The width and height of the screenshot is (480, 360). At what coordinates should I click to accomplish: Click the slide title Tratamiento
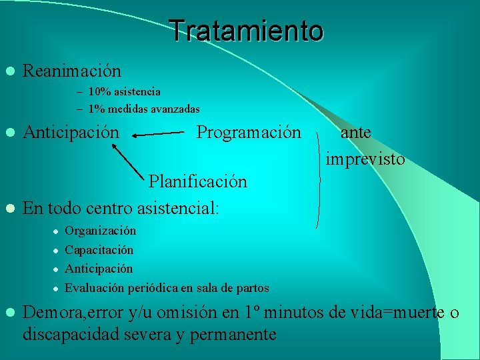(246, 31)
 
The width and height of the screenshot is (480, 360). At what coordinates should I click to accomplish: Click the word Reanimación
(72, 71)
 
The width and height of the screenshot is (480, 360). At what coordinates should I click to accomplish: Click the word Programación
(249, 132)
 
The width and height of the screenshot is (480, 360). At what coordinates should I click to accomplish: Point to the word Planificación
(197, 181)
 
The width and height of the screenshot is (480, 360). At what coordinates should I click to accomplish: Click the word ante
(356, 132)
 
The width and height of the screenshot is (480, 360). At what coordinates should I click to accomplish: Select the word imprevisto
(365, 159)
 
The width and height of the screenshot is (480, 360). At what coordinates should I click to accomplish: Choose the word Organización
(100, 231)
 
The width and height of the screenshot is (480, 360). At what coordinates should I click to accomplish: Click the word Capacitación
(99, 250)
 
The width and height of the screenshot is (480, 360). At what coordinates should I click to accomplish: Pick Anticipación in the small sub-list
(99, 269)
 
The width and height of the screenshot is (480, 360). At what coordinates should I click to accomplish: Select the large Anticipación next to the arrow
(71, 132)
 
